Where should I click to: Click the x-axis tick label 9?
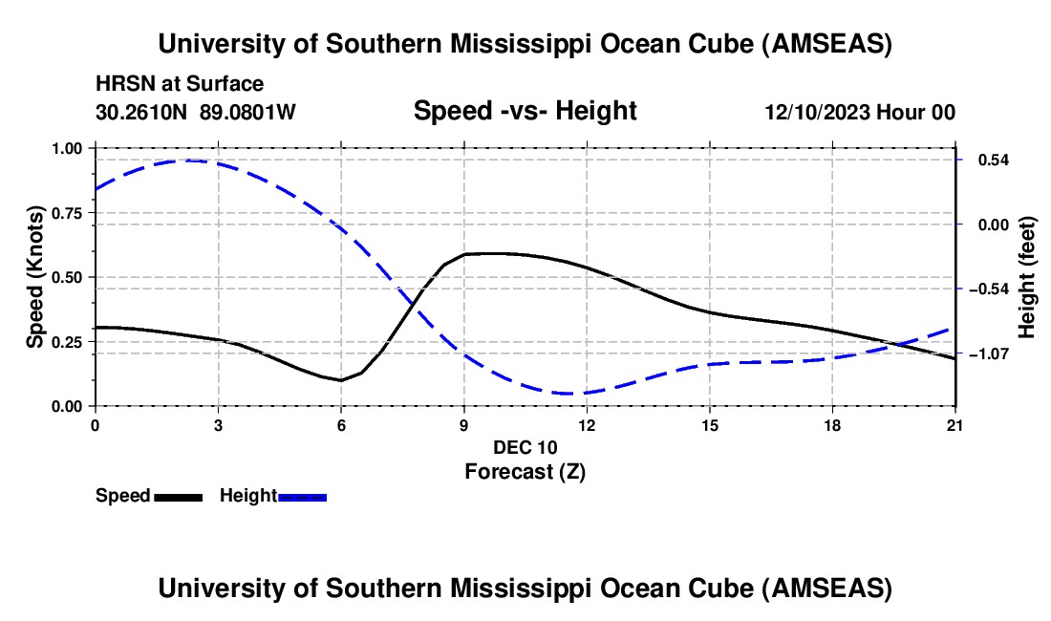(463, 424)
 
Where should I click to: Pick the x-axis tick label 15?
(709, 424)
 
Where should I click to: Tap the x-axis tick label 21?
(954, 424)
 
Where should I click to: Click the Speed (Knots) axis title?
(35, 277)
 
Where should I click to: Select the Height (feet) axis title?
(1027, 277)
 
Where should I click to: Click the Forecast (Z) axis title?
(525, 471)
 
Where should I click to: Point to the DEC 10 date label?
(525, 446)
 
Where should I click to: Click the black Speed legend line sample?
(178, 496)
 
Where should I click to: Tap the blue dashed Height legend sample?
(303, 496)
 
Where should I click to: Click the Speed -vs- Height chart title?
(525, 111)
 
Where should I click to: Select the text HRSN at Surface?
(180, 84)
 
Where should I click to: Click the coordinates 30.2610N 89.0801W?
(196, 112)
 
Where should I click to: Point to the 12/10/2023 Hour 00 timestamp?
(860, 112)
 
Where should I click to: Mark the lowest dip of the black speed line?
(341, 380)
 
